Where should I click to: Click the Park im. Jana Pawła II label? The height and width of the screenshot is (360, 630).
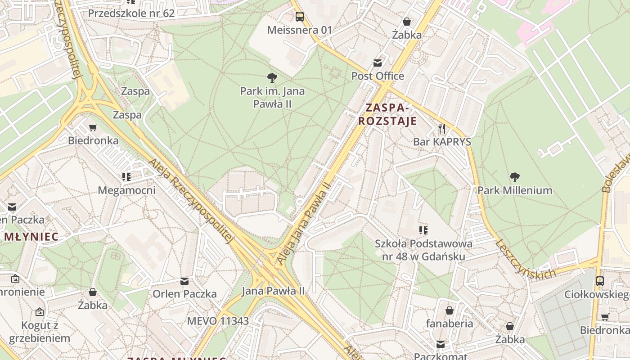272,97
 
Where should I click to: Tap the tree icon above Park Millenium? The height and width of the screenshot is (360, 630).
515,177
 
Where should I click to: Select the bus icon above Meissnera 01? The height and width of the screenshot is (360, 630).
300,17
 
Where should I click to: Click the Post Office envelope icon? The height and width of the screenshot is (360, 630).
377,63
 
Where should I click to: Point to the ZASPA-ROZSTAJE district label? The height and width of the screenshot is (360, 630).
387,114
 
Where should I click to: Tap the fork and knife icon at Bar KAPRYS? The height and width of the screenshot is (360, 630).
442,129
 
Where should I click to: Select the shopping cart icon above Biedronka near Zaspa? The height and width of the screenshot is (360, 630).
93,128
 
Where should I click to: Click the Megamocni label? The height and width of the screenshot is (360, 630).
126,190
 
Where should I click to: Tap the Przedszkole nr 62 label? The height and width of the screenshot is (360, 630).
131,13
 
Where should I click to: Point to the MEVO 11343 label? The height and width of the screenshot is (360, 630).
218,321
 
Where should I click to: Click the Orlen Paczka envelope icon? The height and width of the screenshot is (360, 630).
184,281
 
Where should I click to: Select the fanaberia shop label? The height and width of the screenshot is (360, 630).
450,323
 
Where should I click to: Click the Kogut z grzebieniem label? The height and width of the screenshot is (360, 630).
40,332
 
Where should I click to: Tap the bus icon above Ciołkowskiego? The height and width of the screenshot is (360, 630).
599,282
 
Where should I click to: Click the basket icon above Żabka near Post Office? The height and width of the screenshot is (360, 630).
407,22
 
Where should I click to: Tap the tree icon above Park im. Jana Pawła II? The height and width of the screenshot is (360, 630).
272,78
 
